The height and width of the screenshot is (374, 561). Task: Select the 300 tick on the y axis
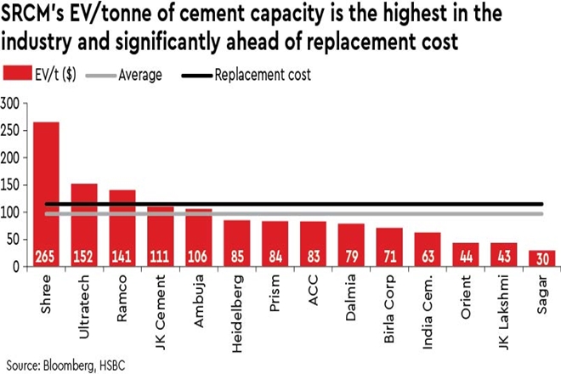(10, 104)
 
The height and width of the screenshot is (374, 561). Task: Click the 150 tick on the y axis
(10, 185)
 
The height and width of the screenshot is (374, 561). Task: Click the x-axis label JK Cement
(161, 303)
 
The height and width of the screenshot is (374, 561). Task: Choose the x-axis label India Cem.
(427, 303)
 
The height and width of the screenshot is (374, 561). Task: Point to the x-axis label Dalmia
(351, 293)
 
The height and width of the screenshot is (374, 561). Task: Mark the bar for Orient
(465, 254)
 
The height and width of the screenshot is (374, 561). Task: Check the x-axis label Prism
(275, 290)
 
